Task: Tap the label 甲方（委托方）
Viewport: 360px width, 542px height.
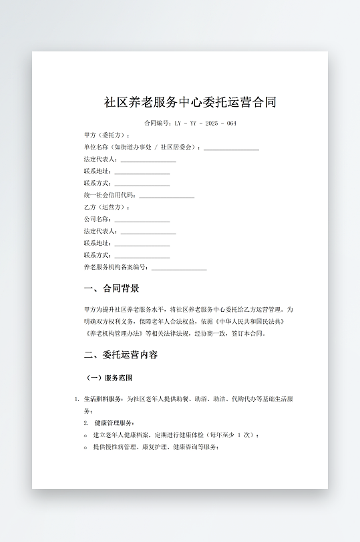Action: coord(106,135)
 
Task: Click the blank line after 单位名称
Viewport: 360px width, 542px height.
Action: coord(231,147)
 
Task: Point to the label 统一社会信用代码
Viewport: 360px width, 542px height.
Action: coord(109,195)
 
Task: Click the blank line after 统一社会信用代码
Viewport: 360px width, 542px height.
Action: coord(167,196)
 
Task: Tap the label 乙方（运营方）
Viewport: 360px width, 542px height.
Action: coord(106,207)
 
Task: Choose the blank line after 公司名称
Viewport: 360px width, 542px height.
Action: coord(142,219)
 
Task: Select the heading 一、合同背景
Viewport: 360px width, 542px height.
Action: coord(112,289)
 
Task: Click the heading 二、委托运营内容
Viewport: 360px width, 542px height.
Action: coord(121,354)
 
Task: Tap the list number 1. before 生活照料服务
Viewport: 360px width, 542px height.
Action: coord(77,399)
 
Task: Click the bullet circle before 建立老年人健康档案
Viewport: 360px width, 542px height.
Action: coord(86,435)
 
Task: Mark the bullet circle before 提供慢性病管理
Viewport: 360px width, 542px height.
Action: coord(86,447)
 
